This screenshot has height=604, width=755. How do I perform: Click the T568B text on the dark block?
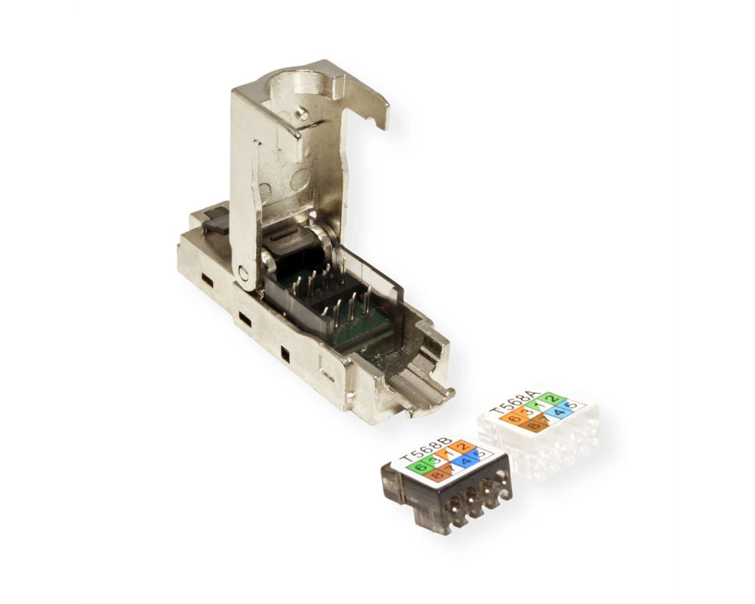tap(426, 448)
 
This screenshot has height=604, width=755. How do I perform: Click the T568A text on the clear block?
tap(513, 402)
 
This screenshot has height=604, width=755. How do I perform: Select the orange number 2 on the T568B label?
tap(464, 446)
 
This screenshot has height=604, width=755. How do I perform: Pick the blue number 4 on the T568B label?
tap(465, 461)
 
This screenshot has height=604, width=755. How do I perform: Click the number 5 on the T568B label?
tap(479, 455)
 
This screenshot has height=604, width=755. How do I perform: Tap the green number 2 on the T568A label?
tap(553, 399)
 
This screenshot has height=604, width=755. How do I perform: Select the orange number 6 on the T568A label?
tap(514, 418)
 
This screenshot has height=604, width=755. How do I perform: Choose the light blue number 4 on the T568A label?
tap(560, 411)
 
